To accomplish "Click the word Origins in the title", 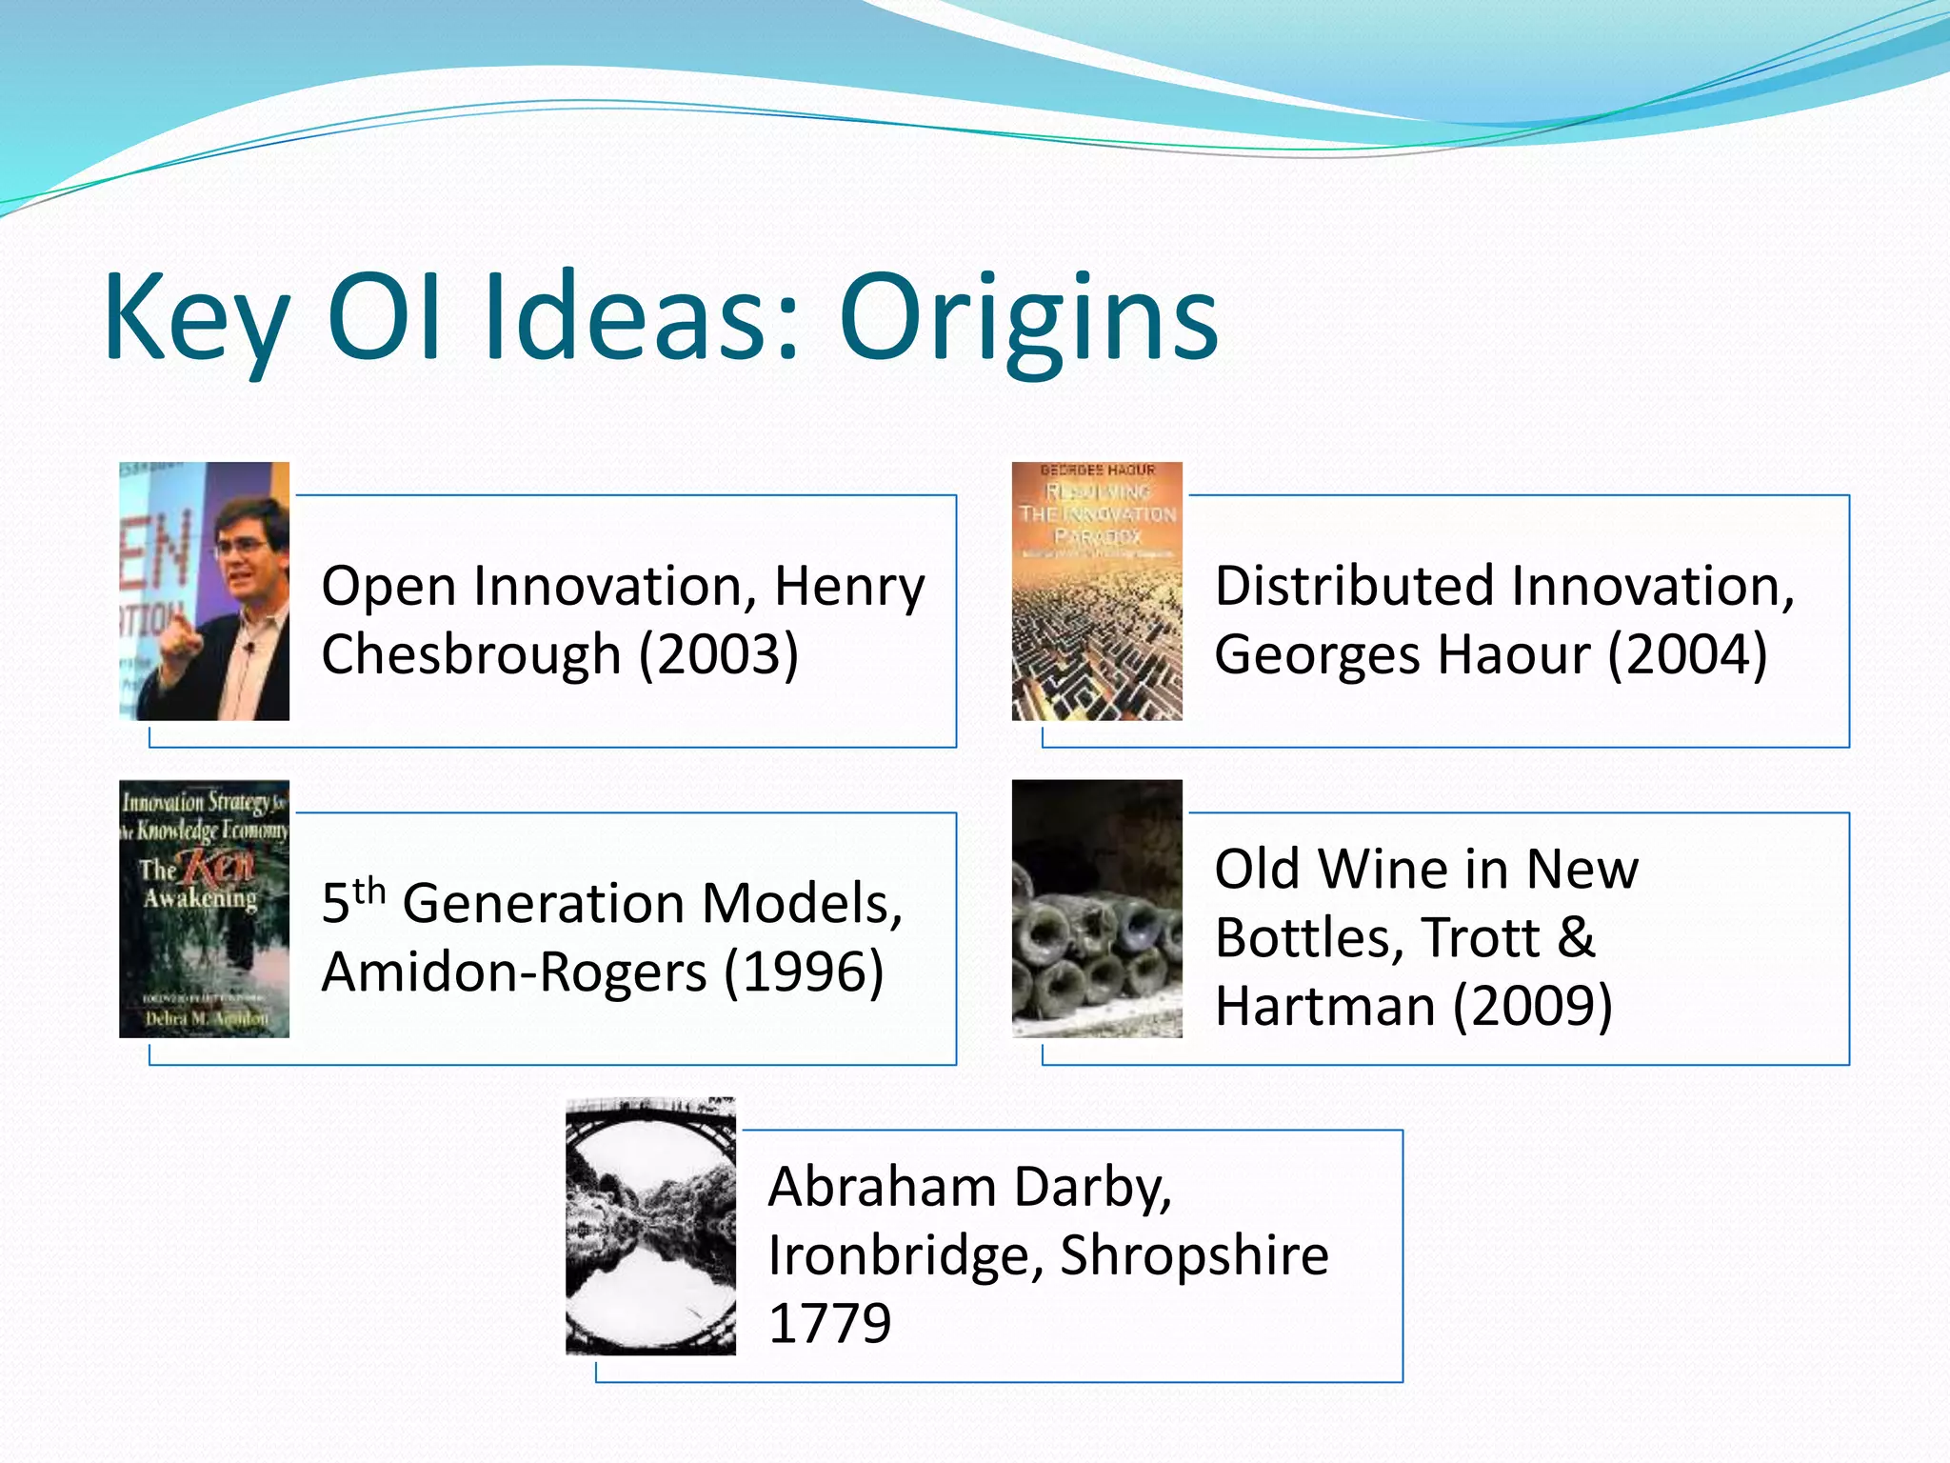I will [1028, 319].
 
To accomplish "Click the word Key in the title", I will [195, 319].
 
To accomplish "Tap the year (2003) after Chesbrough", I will [719, 655].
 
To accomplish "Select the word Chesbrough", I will [471, 655].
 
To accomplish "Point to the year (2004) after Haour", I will [1687, 655].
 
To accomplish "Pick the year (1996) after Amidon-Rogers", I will [804, 972].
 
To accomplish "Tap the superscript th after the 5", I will [368, 892].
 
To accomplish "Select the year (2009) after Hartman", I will [1533, 1007].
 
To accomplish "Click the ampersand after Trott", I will [1576, 938].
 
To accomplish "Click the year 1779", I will [829, 1324].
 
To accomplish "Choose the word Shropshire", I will [1194, 1255].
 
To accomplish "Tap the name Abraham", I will [881, 1187].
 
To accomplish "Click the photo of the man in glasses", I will [204, 591].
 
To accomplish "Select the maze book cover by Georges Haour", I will [1097, 591].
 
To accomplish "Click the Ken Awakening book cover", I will [204, 909].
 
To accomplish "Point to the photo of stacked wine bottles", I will [1097, 909].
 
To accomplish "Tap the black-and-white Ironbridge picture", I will [650, 1226].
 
